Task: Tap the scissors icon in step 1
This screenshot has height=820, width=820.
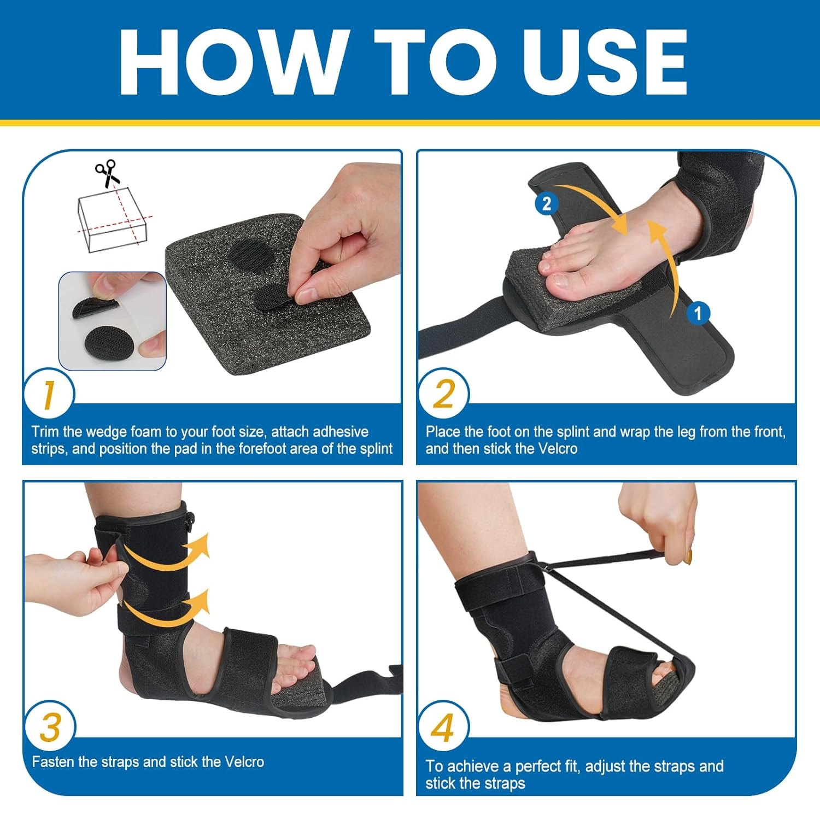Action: (107, 173)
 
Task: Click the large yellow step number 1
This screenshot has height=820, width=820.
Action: (49, 395)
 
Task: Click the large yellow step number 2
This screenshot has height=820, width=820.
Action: (443, 395)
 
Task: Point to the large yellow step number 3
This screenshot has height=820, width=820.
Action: (50, 728)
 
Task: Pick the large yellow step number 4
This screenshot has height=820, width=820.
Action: (443, 728)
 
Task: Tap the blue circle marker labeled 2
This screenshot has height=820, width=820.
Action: (546, 204)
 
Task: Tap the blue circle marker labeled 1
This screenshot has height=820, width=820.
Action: (698, 313)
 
